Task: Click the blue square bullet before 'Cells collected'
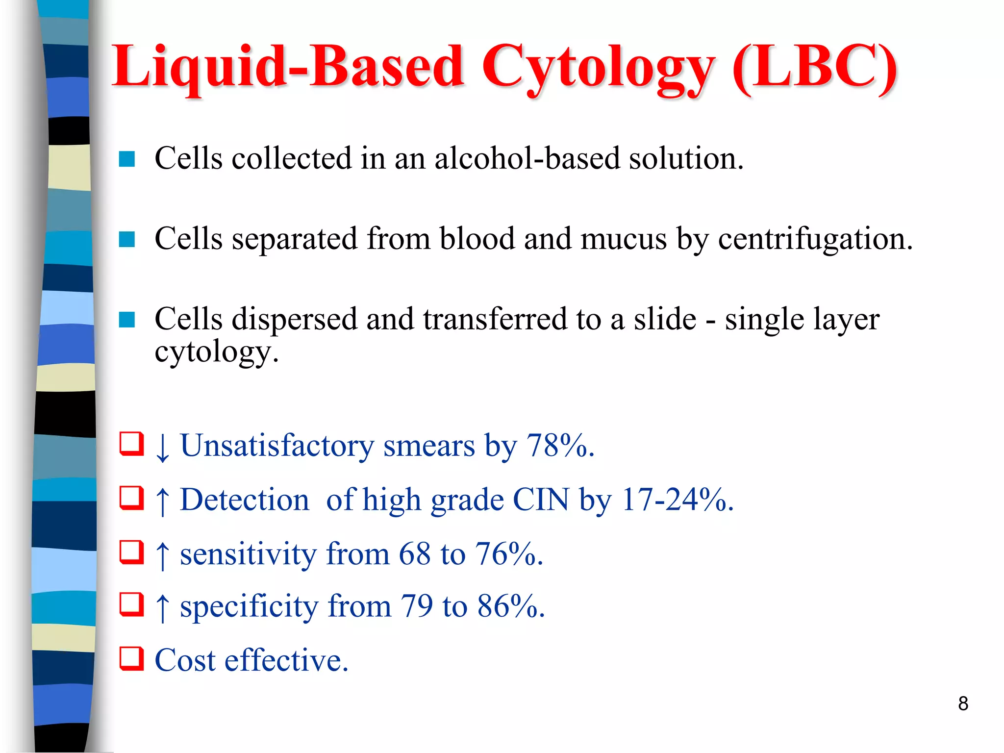click(127, 159)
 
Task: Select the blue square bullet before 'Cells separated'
click(127, 240)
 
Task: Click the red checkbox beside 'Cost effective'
click(132, 658)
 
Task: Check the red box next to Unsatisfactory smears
click(132, 444)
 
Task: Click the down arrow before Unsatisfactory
click(162, 448)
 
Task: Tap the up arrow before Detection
click(162, 502)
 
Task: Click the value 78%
click(559, 446)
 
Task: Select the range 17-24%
click(677, 500)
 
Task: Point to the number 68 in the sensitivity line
click(415, 554)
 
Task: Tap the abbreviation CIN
click(541, 500)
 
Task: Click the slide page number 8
click(963, 703)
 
